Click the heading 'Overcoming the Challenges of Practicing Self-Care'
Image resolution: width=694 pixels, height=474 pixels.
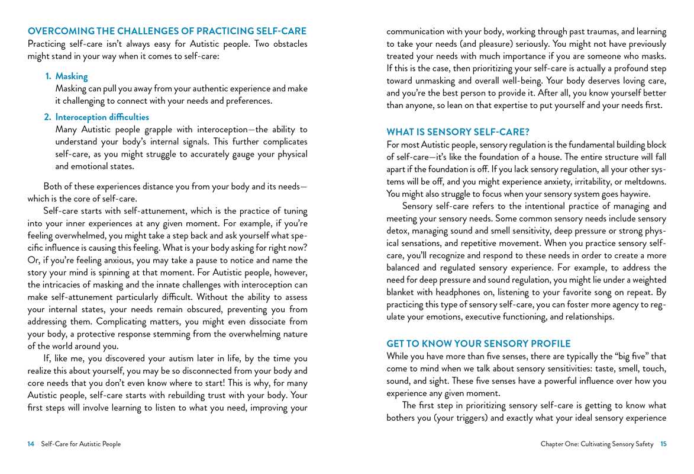pos(167,31)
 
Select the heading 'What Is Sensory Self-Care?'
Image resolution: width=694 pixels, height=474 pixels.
pos(457,132)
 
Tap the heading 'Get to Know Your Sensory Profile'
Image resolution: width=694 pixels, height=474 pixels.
pos(478,344)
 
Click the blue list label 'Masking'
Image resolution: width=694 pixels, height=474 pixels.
pos(72,76)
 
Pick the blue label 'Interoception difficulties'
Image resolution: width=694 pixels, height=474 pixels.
pos(102,117)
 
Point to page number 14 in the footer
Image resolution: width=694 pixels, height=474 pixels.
pos(31,444)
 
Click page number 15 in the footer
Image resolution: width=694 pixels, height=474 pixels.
pos(663,444)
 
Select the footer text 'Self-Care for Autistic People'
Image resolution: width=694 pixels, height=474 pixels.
pos(81,444)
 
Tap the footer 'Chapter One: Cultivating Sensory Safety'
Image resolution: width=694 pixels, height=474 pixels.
pos(597,444)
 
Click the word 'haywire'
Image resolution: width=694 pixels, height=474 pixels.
pos(633,194)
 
